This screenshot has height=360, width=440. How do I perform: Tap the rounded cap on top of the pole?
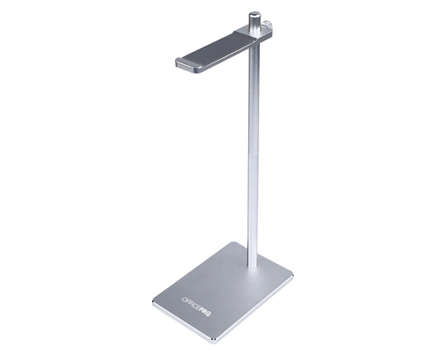pos(254,15)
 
